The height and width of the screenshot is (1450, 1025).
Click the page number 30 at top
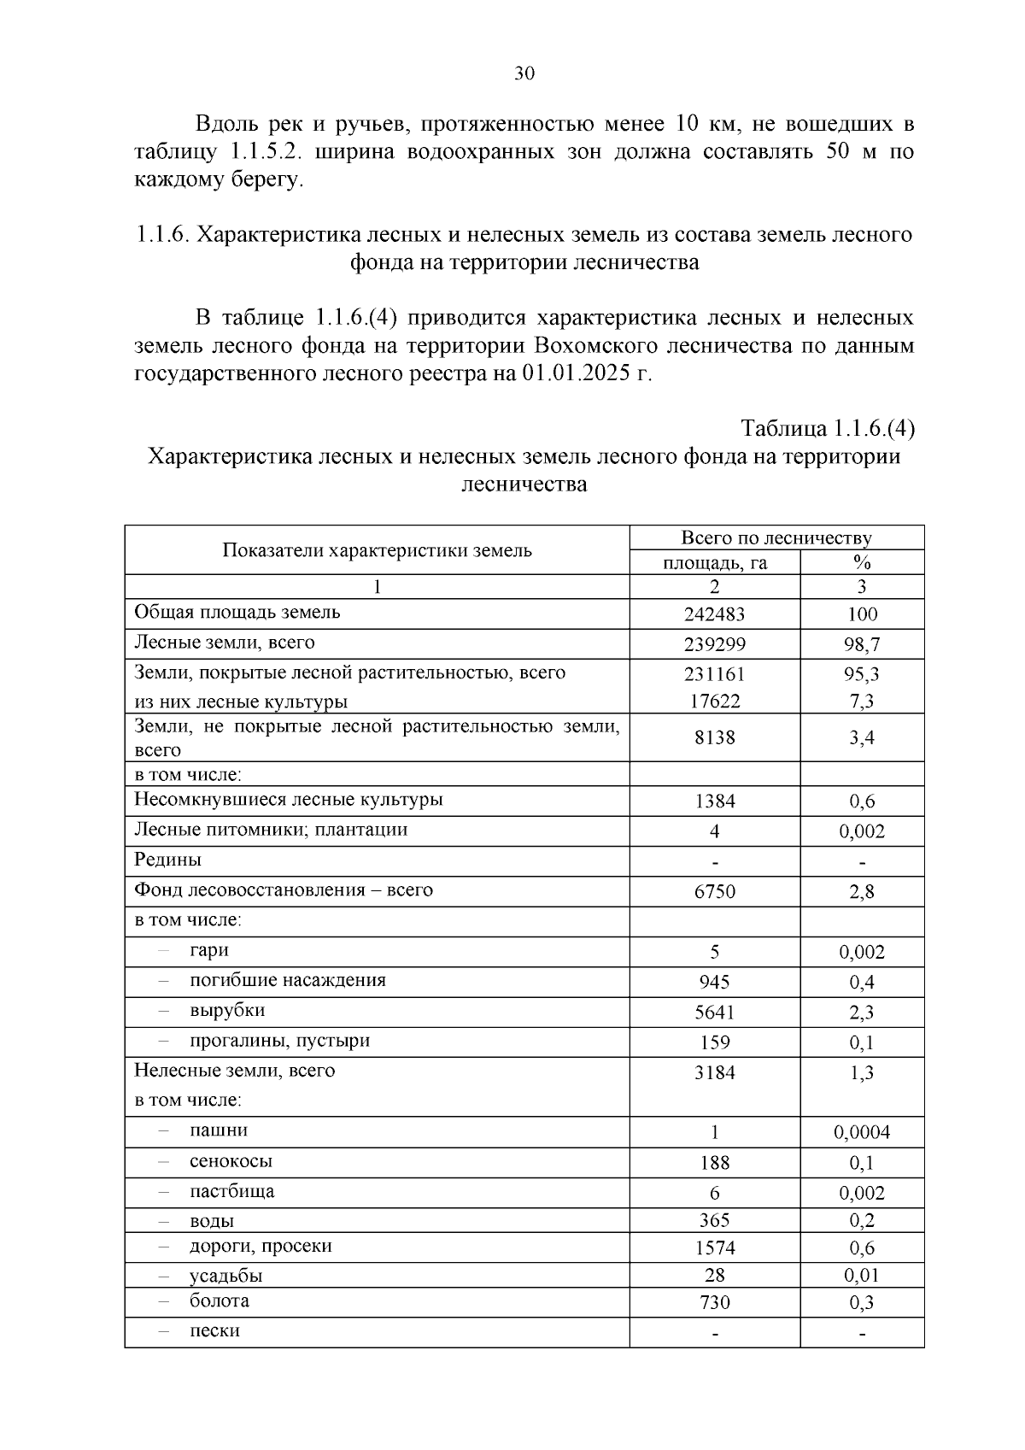tap(524, 73)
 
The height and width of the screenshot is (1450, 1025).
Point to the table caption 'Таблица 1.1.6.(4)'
tap(828, 428)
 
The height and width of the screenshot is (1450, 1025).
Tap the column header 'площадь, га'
tap(714, 562)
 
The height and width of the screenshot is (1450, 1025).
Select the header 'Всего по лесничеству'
tap(776, 537)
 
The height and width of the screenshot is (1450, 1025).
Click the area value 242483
tap(714, 614)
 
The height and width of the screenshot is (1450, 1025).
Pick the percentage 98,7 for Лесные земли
tap(861, 644)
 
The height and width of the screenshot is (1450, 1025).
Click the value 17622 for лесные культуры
tap(714, 702)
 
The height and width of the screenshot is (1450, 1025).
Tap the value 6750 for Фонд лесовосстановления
tap(714, 892)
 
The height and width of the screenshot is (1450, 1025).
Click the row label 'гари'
tap(209, 950)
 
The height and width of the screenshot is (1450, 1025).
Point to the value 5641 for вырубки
tap(714, 1013)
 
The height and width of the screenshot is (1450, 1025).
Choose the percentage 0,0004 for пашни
tap(861, 1132)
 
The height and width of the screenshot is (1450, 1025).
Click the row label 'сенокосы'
tap(231, 1161)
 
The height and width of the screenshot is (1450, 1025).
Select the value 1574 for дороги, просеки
tap(714, 1247)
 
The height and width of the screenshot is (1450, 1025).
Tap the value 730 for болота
tap(714, 1302)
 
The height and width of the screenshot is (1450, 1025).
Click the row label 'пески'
tap(214, 1330)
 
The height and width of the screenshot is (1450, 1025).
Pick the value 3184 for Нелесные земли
tap(714, 1072)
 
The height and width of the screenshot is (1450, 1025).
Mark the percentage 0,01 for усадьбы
tap(861, 1275)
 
